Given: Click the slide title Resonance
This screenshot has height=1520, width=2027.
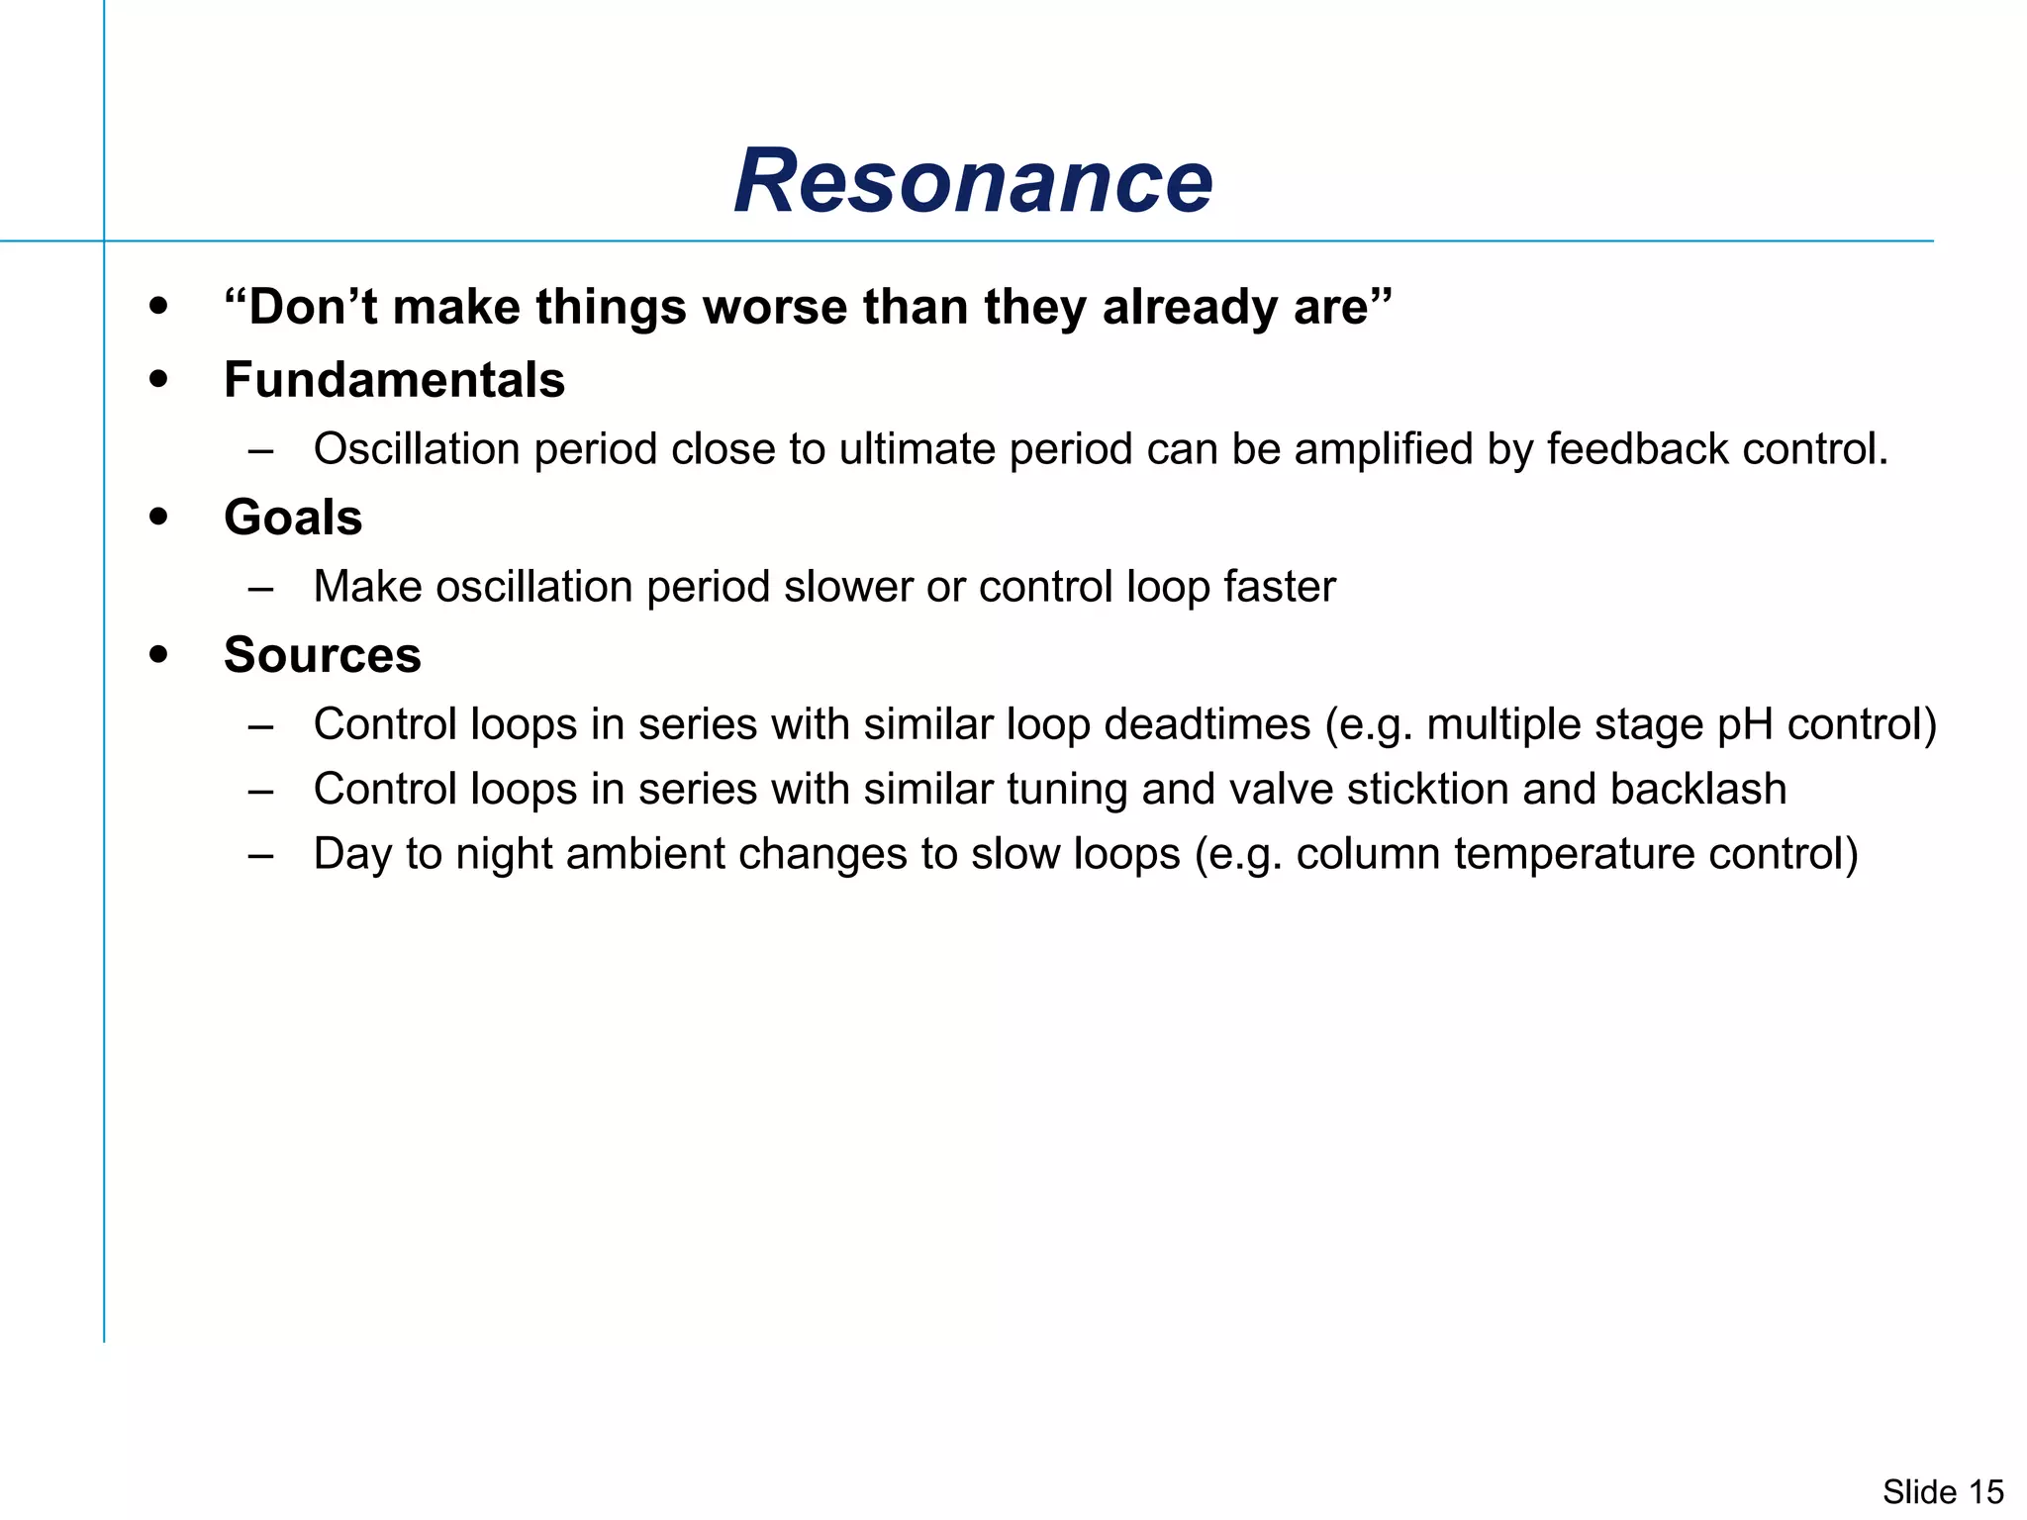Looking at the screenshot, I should (x=973, y=181).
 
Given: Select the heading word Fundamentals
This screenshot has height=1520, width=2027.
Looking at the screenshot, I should (x=394, y=380).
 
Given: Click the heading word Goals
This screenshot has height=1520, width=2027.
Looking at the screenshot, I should (x=293, y=518).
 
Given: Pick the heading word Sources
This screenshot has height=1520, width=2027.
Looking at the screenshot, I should (x=323, y=655).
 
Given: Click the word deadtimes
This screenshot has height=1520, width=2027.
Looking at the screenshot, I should (x=1207, y=724).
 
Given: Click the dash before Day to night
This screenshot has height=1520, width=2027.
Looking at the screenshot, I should (x=261, y=855).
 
